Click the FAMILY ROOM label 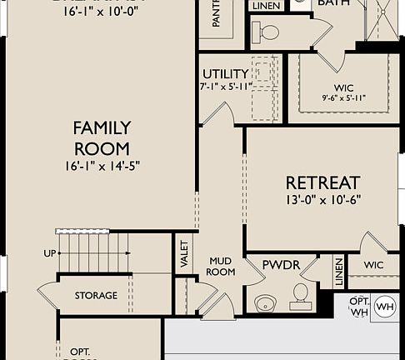coord(102,137)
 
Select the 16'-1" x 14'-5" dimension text coord(102,165)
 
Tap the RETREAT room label coord(322,182)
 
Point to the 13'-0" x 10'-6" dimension coord(322,200)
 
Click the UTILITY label coord(225,74)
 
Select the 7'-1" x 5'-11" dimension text coord(225,87)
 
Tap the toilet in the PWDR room coord(300,292)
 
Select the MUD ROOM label coord(220,267)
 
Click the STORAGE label coord(96,295)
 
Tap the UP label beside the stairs coord(49,252)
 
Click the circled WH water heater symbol coord(384,307)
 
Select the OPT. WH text coord(359,306)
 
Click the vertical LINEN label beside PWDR coord(339,272)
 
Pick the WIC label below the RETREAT coord(373,264)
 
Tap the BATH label coord(333,3)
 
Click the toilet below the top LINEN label coord(268,32)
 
